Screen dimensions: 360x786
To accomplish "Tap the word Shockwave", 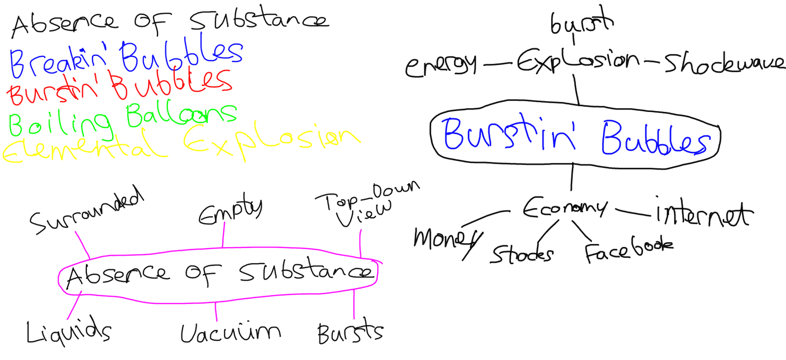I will pos(724,63).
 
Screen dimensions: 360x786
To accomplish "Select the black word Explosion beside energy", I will pos(577,62).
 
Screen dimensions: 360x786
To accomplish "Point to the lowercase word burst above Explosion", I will pos(581,22).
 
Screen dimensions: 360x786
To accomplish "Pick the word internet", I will pos(702,214).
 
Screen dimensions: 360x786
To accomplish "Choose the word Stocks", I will pos(522,254).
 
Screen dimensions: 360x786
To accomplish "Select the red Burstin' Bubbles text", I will pos(119,87).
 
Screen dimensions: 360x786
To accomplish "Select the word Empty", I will pos(230,210).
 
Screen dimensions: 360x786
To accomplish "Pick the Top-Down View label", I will pos(366,204).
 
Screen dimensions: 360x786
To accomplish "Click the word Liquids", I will pos(68,332).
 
